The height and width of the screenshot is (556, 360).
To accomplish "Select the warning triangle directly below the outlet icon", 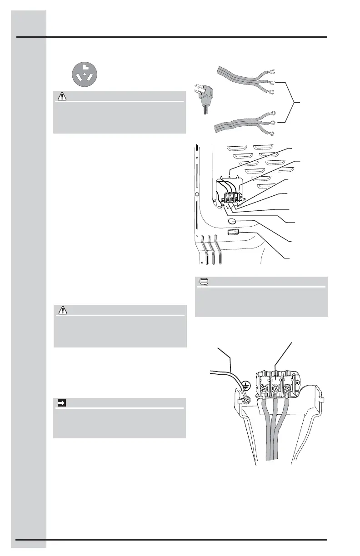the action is [x=60, y=96].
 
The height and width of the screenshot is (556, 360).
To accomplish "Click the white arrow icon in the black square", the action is [x=60, y=403].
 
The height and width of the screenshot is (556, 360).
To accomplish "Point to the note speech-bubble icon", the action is [x=203, y=282].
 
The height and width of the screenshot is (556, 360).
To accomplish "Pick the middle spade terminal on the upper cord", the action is [x=271, y=83].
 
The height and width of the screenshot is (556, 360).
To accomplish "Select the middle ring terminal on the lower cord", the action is [x=273, y=123].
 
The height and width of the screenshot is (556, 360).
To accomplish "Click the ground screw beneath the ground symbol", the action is [x=246, y=400].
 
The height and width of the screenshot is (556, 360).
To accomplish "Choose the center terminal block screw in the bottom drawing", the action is [x=275, y=389].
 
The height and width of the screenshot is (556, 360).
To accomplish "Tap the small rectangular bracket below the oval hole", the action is [x=233, y=233].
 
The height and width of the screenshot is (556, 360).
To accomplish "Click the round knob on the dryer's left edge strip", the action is [x=197, y=194].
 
